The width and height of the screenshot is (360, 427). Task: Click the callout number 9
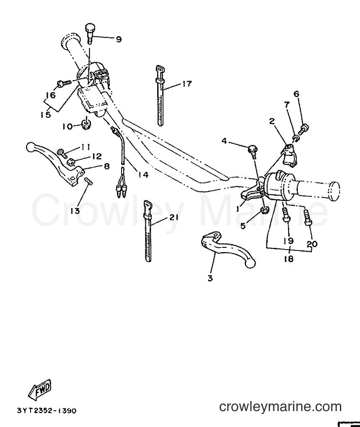pyautogui.click(x=118, y=39)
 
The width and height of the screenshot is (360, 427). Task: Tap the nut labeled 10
pyautogui.click(x=86, y=125)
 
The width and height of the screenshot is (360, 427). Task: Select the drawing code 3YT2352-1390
pyautogui.click(x=47, y=410)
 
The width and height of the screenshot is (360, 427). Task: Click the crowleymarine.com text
pyautogui.click(x=280, y=407)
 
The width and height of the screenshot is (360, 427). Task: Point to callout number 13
pyautogui.click(x=75, y=211)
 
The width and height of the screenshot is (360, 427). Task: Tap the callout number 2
pyautogui.click(x=272, y=122)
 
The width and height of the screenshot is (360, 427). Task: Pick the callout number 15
pyautogui.click(x=46, y=115)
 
